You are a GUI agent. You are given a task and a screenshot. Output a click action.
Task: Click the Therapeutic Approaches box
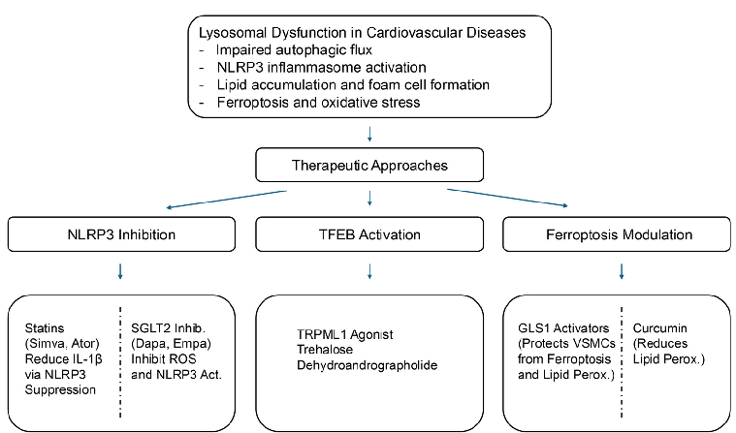coord(370,165)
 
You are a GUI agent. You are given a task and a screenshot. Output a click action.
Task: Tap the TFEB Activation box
coord(370,234)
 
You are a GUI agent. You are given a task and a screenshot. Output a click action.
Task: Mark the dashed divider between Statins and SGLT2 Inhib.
coord(120,358)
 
